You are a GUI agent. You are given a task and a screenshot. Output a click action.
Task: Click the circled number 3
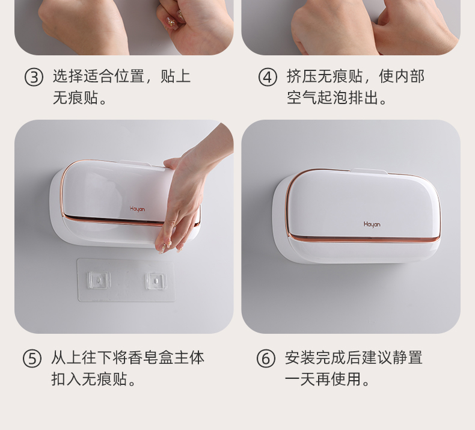[34, 77]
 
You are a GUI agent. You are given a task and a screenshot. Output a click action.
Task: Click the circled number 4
[268, 77]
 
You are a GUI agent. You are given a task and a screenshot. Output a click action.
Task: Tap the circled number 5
[32, 359]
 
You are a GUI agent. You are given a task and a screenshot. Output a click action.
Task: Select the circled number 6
[266, 359]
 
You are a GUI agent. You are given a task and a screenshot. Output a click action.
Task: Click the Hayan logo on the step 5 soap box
[138, 209]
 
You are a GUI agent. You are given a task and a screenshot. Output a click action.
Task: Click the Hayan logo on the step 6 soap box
[372, 224]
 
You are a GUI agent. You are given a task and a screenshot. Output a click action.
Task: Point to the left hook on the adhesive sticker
[99, 280]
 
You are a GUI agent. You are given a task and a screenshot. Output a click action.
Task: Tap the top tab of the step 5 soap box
[135, 163]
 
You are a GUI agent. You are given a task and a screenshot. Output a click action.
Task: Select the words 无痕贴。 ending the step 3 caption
[80, 97]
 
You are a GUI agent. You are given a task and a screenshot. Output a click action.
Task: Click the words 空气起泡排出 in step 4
[332, 97]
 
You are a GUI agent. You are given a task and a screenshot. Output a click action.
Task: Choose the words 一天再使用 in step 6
[323, 379]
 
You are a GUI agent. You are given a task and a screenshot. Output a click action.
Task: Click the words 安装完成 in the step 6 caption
[315, 358]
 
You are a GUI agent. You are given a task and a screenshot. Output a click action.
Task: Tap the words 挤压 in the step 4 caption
[302, 76]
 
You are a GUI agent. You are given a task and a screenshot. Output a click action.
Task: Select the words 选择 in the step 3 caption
[68, 76]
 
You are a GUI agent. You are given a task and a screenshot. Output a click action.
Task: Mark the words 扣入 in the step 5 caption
[66, 379]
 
